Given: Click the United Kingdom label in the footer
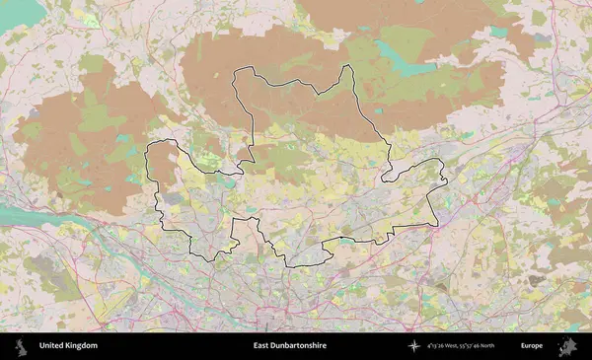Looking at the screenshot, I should [x=68, y=346].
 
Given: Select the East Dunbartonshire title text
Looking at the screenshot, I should [x=289, y=346].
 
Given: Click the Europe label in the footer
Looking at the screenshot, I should [x=532, y=346].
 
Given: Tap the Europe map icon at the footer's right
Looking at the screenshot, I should [x=567, y=346].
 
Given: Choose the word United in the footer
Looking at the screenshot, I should [x=50, y=346].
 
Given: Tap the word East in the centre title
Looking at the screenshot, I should [x=260, y=346].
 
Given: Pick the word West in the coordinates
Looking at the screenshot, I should [x=461, y=346].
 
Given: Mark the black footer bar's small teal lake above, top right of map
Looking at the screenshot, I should [x=499, y=32].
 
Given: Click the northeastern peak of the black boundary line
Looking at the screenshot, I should [x=349, y=67].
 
